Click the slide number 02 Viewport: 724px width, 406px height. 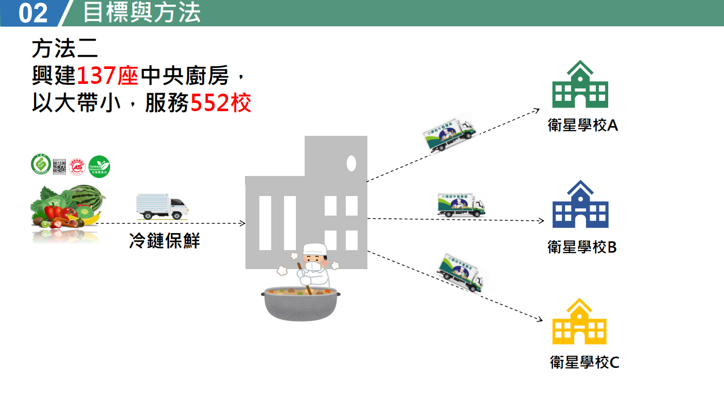[33, 13]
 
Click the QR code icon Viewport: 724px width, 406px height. [60, 166]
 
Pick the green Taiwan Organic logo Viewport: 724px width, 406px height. [99, 166]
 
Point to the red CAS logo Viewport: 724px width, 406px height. [77, 166]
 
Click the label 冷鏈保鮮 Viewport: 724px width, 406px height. [164, 241]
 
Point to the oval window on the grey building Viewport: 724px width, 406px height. [351, 163]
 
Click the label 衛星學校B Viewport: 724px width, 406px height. [582, 247]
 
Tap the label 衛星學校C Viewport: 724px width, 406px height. [585, 362]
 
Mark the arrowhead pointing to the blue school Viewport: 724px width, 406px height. [541, 221]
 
